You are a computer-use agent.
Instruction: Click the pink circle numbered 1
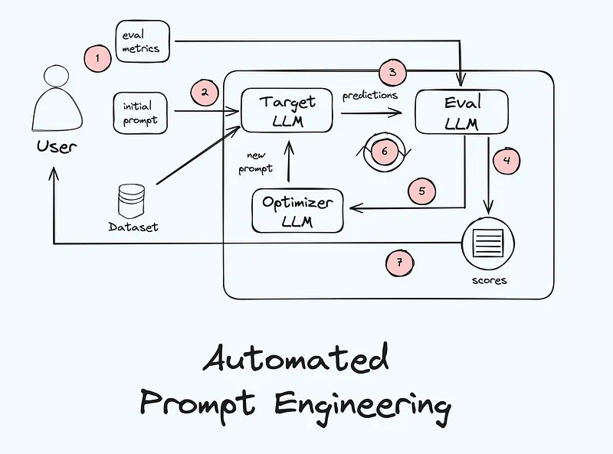coord(97,58)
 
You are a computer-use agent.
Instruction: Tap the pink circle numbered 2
coord(205,93)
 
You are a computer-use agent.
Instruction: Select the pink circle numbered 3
coord(392,73)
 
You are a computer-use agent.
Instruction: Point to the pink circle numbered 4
coord(506,161)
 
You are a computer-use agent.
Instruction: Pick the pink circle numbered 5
coord(421,191)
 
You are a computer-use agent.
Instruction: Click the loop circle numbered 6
coord(384,151)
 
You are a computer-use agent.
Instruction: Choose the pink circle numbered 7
coord(399,263)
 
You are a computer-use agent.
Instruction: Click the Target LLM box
coord(287,110)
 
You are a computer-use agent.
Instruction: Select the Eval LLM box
coord(461,112)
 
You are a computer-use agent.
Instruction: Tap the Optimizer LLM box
coord(297,211)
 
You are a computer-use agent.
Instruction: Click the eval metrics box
coord(142,41)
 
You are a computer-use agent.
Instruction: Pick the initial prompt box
coord(140,113)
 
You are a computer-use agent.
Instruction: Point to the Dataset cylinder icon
coord(131,200)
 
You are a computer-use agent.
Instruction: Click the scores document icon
coord(488,244)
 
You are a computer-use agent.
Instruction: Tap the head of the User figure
coord(57,77)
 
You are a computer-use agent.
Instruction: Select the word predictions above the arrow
coord(370,96)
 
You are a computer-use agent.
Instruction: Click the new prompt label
coord(256,162)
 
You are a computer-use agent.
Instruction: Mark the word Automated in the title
coord(296,360)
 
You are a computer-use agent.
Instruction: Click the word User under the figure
coord(57,145)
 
